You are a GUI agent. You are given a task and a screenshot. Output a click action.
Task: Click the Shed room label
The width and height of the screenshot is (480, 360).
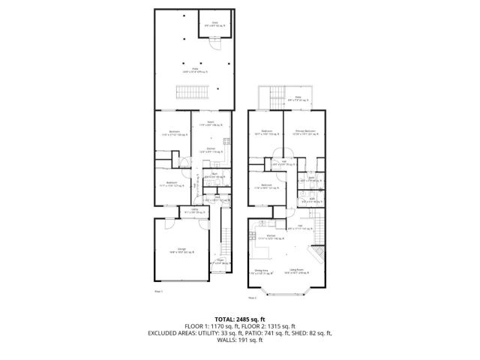214,24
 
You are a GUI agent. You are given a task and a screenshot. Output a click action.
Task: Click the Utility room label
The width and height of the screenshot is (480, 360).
194,210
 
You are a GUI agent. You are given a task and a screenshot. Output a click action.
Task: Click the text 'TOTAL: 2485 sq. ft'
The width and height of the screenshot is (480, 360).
239,319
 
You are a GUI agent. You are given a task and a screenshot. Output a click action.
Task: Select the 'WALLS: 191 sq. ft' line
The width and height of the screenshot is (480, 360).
239,340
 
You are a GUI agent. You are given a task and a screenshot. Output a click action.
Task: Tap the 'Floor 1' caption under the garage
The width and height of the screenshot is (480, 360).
158,290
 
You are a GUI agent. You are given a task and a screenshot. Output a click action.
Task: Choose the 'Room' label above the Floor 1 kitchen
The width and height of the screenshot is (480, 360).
211,121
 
